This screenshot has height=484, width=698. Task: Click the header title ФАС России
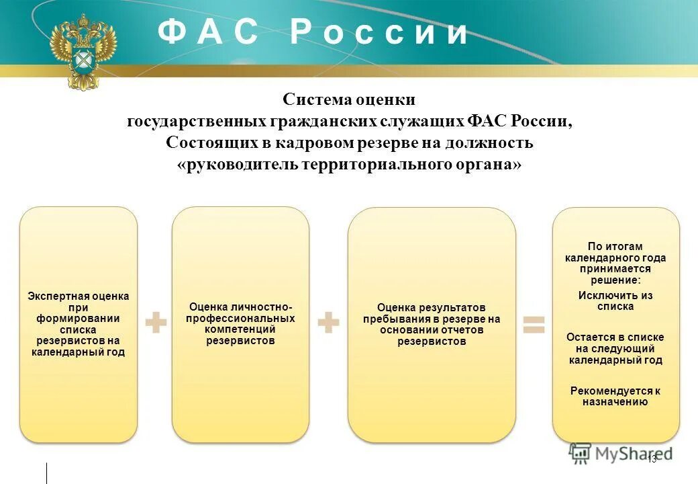[x=313, y=33]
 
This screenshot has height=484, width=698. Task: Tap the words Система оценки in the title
[x=349, y=99]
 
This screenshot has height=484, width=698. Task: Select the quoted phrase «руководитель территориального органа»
[x=349, y=165]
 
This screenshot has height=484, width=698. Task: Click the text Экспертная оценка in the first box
[x=78, y=296]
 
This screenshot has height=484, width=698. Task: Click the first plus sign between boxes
[x=156, y=323]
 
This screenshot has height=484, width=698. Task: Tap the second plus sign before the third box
[x=328, y=323]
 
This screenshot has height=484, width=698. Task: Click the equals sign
[x=534, y=324]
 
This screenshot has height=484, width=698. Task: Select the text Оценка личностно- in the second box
[x=240, y=307]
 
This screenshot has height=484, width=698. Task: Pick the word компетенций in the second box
[x=240, y=329]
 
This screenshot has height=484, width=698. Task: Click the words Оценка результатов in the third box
[x=432, y=307]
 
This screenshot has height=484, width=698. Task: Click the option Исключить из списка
[x=615, y=300]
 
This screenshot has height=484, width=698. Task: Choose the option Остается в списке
[x=615, y=337]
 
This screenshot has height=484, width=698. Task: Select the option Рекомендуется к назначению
[x=615, y=396]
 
